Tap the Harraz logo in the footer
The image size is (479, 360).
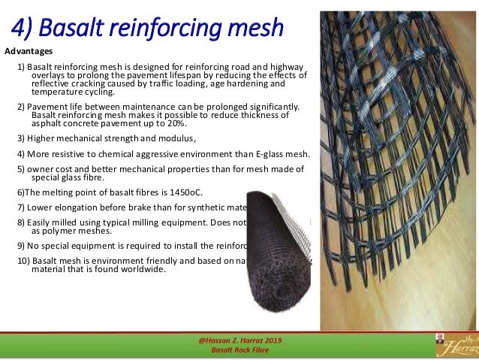click(455, 344)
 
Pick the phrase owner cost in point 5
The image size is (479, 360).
click(47, 168)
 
